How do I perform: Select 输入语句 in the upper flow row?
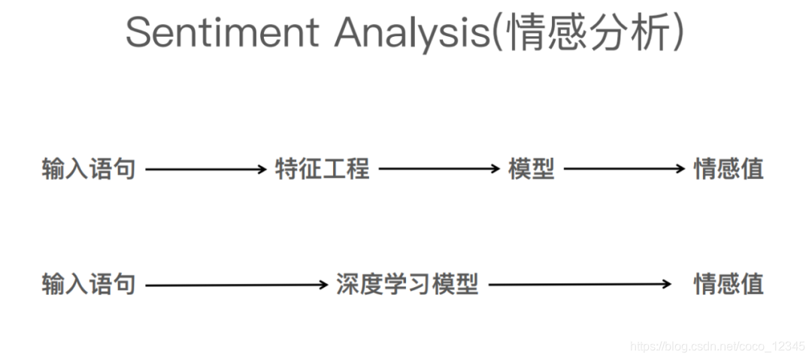click(x=89, y=169)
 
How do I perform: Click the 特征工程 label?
click(x=323, y=169)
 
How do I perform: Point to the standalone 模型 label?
click(x=532, y=169)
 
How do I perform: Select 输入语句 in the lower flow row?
click(x=89, y=284)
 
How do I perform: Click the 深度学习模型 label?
click(x=408, y=284)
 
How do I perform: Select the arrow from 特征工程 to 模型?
click(x=439, y=169)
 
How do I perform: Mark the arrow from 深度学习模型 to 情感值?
click(x=580, y=284)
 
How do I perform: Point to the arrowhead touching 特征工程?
click(x=262, y=169)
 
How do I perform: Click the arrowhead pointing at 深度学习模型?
click(x=323, y=285)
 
